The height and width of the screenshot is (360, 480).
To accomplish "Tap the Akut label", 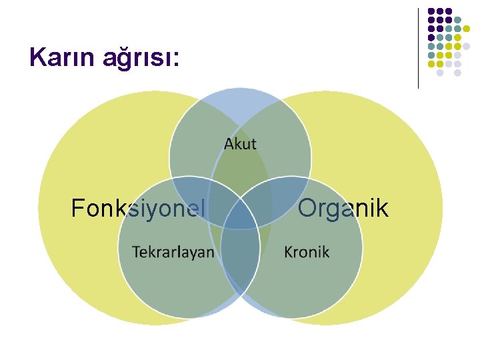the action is click(240, 144).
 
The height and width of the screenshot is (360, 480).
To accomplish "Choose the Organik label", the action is click(343, 209).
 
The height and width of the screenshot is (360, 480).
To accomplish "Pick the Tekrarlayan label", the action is click(173, 251).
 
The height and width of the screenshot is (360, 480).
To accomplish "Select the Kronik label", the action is click(307, 251).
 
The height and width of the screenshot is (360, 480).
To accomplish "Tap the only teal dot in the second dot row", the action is click(457, 20).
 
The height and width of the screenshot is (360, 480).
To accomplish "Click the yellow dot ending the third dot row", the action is click(466, 29).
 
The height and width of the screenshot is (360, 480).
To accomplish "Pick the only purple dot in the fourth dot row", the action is click(431, 37).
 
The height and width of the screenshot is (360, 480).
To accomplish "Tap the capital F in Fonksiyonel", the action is click(77, 209).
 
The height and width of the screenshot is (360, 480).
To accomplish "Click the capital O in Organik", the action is click(307, 209).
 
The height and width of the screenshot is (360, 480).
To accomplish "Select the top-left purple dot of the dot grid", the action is click(431, 11).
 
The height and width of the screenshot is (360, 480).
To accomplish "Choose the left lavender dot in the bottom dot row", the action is click(440, 73).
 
